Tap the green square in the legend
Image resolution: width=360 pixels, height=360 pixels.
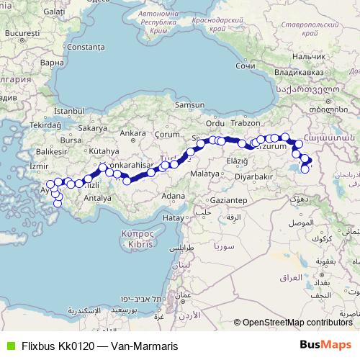point(9,346)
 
